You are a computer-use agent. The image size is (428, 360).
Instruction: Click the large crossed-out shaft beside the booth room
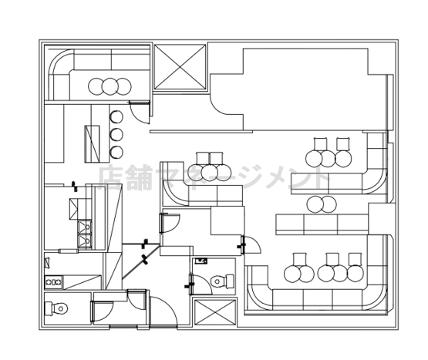click(180, 67)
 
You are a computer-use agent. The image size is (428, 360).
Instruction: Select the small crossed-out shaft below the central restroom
click(215, 312)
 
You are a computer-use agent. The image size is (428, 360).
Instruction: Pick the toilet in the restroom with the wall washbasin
click(222, 281)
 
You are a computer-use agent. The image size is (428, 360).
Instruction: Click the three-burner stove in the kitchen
click(54, 282)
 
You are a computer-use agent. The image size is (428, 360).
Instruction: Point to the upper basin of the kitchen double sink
click(85, 227)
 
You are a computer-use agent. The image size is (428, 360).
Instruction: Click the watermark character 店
click(110, 177)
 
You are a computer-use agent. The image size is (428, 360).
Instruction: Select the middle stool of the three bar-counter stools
click(116, 134)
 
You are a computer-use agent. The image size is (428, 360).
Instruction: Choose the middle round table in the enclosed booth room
click(110, 86)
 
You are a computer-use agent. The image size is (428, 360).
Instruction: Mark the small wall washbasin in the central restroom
click(201, 261)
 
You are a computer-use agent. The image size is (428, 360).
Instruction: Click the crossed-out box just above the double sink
click(73, 209)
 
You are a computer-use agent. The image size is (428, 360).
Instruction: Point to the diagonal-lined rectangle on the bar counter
click(92, 144)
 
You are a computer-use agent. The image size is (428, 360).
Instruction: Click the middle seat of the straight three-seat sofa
click(321, 224)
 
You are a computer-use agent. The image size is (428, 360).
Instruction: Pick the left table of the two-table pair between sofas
click(315, 204)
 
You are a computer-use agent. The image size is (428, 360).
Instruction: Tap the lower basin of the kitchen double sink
click(85, 241)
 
